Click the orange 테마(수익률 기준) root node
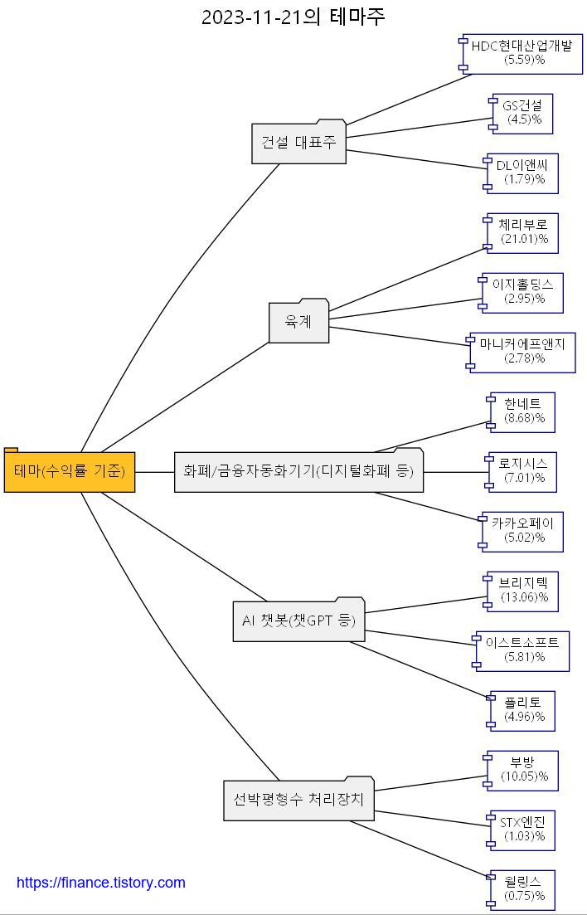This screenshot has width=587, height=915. pyautogui.click(x=70, y=472)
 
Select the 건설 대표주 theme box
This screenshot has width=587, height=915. pyautogui.click(x=298, y=143)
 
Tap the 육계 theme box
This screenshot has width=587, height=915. pyautogui.click(x=298, y=322)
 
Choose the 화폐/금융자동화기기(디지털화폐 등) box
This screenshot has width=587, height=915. pyautogui.click(x=298, y=472)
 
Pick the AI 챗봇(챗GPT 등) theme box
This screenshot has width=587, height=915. pyautogui.click(x=298, y=621)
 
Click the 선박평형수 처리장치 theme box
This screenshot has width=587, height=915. pyautogui.click(x=298, y=801)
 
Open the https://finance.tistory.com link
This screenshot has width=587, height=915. pyautogui.click(x=101, y=883)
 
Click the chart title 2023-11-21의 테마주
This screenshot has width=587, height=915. pyautogui.click(x=293, y=17)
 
